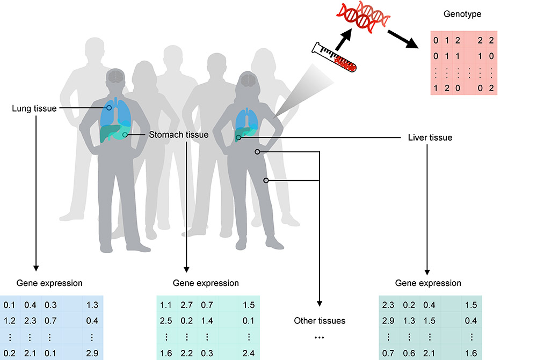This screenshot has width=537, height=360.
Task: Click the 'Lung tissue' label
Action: coord(33,109)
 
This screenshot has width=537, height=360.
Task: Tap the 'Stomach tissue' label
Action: coord(178,135)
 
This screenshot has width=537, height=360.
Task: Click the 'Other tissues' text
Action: coord(320,321)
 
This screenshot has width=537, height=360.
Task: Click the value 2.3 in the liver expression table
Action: coord(388,305)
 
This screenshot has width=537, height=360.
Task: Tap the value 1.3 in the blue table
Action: coord(91,305)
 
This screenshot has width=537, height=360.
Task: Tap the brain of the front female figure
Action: coord(248,81)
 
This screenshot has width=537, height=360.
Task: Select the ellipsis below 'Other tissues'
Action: coord(320,337)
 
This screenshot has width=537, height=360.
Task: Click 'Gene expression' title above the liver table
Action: coord(428,283)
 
